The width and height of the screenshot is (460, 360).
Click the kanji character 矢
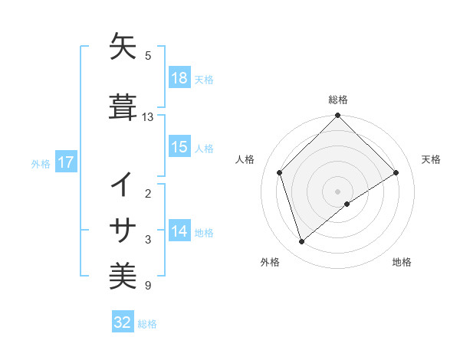pos(123,47)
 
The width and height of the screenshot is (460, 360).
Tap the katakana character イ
pos(123,185)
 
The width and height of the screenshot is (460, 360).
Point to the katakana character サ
pos(123,230)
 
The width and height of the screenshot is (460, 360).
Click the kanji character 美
pos(123,274)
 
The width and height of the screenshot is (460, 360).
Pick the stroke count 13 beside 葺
pos(148,117)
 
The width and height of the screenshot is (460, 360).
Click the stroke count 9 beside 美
pos(148,286)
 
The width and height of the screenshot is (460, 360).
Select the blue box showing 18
pos(179,79)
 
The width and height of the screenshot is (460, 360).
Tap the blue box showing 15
pos(179,148)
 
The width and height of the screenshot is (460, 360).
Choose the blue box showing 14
pos(179,232)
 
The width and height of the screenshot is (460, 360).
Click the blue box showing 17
pos(65,162)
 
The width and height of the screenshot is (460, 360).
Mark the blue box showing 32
pos(123,322)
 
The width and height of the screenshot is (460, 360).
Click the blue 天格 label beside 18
pos(204,80)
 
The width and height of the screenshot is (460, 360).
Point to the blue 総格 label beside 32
pos(147,323)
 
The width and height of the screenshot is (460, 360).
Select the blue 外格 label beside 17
pos(41,163)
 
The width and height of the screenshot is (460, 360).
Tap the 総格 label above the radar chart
pos(338,100)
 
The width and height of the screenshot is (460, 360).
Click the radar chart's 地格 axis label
pos(402,263)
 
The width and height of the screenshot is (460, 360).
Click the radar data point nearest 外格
pos(302,242)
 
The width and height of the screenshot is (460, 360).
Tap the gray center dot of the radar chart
pos(338,191)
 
